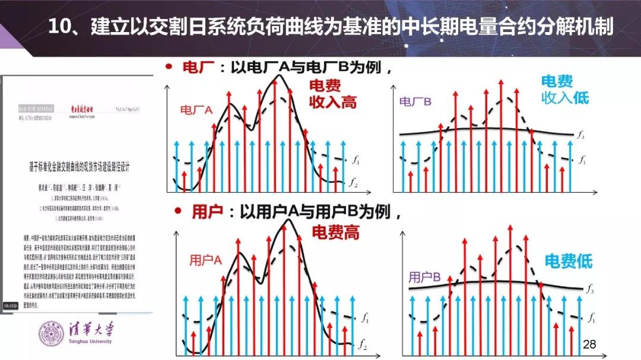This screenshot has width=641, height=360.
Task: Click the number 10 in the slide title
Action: pyautogui.click(x=60, y=27)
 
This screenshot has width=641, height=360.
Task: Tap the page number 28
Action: pyautogui.click(x=589, y=344)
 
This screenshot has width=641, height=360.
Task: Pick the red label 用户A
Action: pyautogui.click(x=205, y=260)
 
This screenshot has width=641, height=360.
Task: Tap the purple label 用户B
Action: pyautogui.click(x=424, y=276)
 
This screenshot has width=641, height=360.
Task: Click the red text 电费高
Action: pyautogui.click(x=336, y=232)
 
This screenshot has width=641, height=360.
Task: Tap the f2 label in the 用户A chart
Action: pyautogui.click(x=361, y=343)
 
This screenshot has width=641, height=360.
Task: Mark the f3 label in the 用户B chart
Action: pyautogui.click(x=590, y=289)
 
